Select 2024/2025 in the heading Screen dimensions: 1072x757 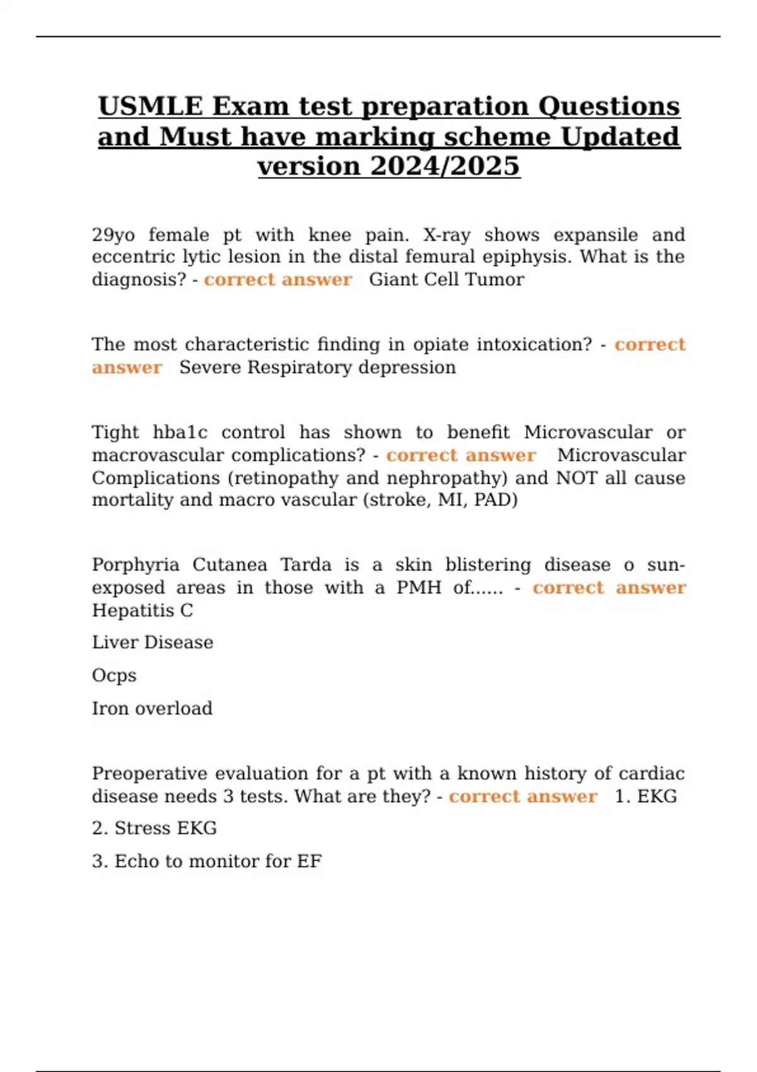coord(445,166)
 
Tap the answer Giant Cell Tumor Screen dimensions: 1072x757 coord(446,279)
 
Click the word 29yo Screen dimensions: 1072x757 coord(114,235)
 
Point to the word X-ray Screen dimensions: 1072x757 coord(447,235)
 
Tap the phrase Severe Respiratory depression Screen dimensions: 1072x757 coord(317,368)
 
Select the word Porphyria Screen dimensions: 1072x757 coord(136,565)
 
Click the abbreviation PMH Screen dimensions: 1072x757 coord(418,588)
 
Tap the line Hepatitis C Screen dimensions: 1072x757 coord(143,610)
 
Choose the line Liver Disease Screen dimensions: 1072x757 coord(153,643)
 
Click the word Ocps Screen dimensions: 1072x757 coord(114,675)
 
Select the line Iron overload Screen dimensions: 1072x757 coord(152,708)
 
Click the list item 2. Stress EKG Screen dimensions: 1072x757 coord(155,828)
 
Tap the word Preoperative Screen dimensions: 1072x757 coord(150,774)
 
